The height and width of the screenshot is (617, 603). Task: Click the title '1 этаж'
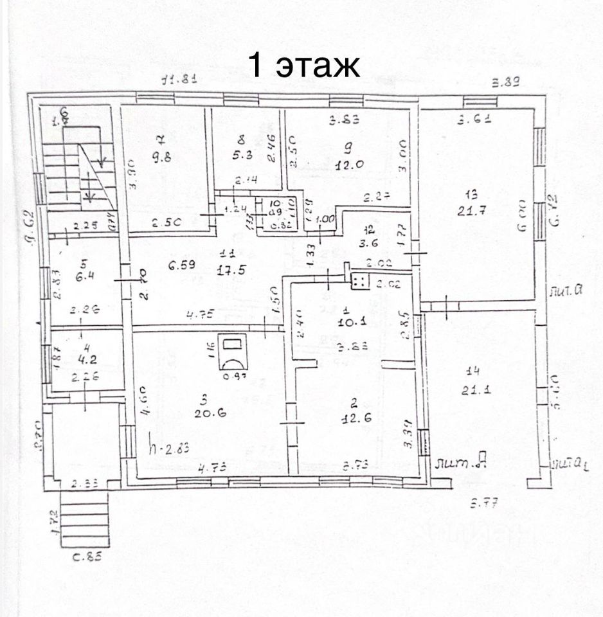click(303, 66)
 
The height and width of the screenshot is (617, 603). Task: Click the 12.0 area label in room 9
click(350, 163)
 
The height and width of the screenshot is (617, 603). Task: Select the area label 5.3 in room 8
click(241, 154)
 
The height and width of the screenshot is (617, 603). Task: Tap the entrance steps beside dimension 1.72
click(85, 521)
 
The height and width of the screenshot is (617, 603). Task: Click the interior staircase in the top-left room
click(80, 172)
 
